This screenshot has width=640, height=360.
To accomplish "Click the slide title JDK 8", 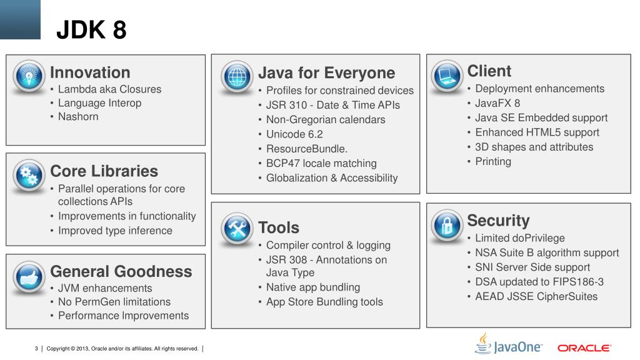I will pyautogui.click(x=91, y=29).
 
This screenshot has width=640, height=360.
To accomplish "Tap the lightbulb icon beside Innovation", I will pyautogui.click(x=29, y=76).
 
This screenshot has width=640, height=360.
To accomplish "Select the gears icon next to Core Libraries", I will pyautogui.click(x=29, y=176).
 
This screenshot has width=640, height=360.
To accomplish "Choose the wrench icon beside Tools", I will pyautogui.click(x=237, y=229).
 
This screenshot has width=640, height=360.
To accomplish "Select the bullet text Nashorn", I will pyautogui.click(x=78, y=116).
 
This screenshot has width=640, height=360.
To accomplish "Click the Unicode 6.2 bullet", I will pyautogui.click(x=294, y=134).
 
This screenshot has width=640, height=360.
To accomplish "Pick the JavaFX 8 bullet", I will pyautogui.click(x=497, y=103).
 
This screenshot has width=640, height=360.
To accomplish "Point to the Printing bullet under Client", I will pyautogui.click(x=493, y=161).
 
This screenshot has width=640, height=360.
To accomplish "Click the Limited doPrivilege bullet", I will pyautogui.click(x=519, y=238).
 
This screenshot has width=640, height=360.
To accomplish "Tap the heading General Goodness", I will pyautogui.click(x=121, y=271).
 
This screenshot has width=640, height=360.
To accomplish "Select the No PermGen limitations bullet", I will pyautogui.click(x=114, y=302).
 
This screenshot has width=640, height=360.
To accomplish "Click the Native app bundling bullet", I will pyautogui.click(x=313, y=287).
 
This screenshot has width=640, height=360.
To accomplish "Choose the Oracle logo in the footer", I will pyautogui.click(x=584, y=347).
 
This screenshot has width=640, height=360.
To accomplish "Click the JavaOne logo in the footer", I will pyautogui.click(x=509, y=345).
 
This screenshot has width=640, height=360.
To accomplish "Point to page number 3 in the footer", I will pyautogui.click(x=36, y=348).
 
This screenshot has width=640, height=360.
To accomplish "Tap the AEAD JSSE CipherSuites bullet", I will pyautogui.click(x=536, y=296).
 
